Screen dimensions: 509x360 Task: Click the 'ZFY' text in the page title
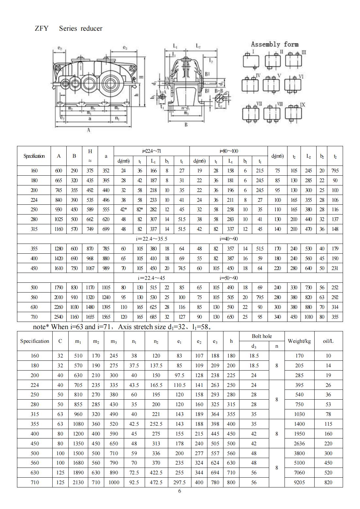41,28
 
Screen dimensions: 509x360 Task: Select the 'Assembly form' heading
274,44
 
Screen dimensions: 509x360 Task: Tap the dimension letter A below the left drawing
89,130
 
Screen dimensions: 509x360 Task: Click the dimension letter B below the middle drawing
186,124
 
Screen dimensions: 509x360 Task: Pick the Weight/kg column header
299,341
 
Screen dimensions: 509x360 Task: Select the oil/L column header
328,341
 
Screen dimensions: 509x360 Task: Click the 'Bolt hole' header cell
262,336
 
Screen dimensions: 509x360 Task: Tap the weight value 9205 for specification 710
299,482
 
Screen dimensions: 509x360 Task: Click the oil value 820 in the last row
328,482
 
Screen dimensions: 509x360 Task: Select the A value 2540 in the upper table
59,317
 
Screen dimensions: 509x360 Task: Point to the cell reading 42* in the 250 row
123,210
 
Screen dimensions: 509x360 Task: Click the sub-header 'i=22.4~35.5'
152,239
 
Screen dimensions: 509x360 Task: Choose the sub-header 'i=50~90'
228,278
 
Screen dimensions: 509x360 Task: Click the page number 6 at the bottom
179,491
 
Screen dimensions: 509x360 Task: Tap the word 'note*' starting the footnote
41,326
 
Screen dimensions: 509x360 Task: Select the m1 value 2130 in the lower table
78,482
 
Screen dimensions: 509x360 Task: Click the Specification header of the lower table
35,341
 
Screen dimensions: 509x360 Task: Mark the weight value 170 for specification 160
299,356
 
